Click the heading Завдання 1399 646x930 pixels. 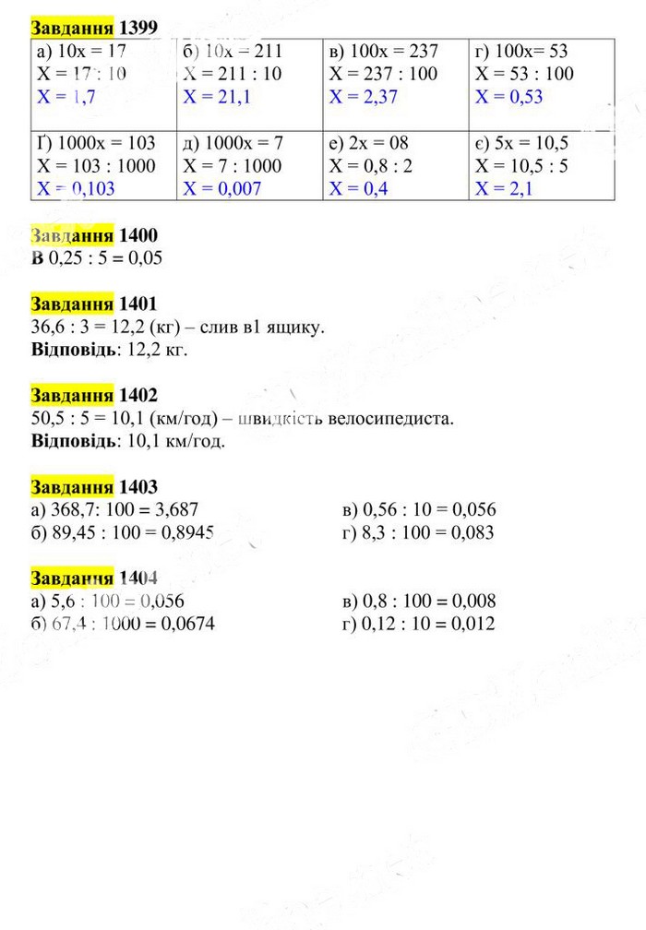(x=93, y=28)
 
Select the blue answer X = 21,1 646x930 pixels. (x=216, y=97)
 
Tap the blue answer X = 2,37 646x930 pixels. (x=363, y=97)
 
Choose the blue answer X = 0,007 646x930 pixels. (x=221, y=189)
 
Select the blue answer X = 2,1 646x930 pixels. (x=504, y=189)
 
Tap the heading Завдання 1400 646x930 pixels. (x=93, y=235)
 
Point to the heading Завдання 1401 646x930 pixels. (x=93, y=304)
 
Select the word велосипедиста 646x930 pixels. (x=398, y=419)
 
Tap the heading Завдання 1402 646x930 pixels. (x=93, y=396)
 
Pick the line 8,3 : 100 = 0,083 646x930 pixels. (x=417, y=532)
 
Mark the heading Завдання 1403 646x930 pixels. (x=93, y=487)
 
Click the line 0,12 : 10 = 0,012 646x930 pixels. (x=417, y=625)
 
